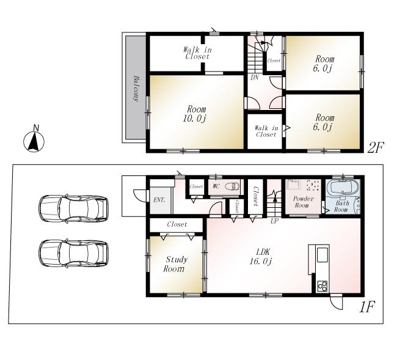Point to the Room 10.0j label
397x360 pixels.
tap(197, 114)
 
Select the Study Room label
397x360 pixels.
tap(175, 264)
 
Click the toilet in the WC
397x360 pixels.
tap(232, 186)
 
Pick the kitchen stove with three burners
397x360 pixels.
tap(322, 285)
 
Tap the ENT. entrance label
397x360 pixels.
tap(159, 200)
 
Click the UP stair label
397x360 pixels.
tap(274, 221)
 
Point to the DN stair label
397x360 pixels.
tap(254, 78)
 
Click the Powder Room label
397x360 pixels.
tap(304, 202)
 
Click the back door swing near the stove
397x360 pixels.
tap(337, 301)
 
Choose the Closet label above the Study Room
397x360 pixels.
tap(177, 224)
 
